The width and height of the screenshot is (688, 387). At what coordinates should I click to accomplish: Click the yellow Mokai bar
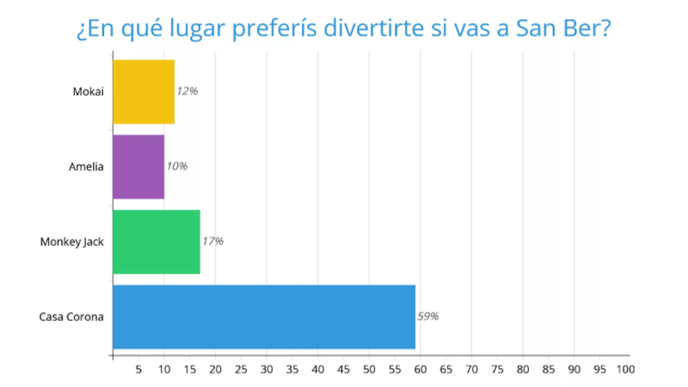click(x=144, y=92)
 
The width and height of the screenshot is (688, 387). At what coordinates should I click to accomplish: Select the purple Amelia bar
click(x=138, y=167)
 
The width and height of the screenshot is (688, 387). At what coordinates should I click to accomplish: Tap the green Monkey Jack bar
click(x=157, y=242)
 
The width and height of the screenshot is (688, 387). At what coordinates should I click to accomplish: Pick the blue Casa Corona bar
click(x=264, y=317)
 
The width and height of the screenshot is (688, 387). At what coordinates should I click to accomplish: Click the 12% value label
click(x=187, y=91)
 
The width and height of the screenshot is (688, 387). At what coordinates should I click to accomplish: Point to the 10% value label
click(x=177, y=166)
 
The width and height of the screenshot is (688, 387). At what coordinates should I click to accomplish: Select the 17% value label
click(x=213, y=241)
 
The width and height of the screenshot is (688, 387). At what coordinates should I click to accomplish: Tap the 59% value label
click(x=428, y=316)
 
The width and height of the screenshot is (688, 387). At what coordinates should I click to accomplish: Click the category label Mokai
click(x=88, y=92)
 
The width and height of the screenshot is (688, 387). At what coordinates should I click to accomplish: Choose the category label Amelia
click(x=86, y=167)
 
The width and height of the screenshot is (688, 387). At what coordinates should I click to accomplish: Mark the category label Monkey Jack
click(x=72, y=242)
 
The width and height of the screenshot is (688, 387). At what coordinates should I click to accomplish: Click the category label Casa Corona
click(x=71, y=317)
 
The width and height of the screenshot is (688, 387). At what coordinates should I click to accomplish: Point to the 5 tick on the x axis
click(x=138, y=369)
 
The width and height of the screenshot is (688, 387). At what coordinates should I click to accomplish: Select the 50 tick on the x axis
click(x=369, y=369)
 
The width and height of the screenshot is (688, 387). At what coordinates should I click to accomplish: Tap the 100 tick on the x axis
click(x=625, y=369)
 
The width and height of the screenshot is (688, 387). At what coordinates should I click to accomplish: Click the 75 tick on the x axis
click(x=497, y=369)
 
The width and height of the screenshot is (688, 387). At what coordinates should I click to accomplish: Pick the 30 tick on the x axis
click(x=267, y=369)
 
